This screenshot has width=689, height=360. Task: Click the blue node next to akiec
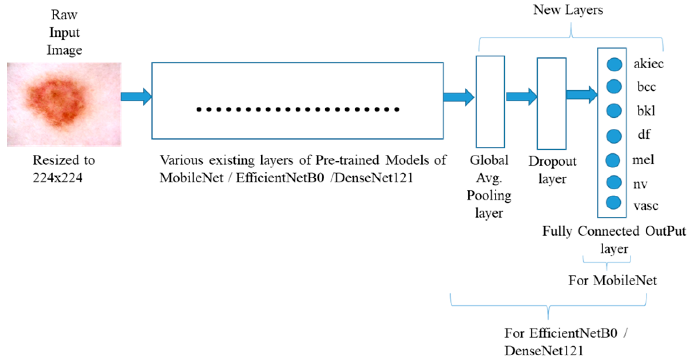point(614,64)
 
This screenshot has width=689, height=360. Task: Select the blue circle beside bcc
point(614,86)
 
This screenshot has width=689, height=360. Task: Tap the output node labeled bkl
point(614,111)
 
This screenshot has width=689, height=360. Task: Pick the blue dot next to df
point(614,136)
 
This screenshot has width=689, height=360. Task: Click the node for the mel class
point(613,160)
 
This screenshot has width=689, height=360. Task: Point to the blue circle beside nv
point(614,182)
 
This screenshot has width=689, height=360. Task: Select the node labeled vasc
point(613,203)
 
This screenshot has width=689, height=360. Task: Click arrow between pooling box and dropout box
point(521,97)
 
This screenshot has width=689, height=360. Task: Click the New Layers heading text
point(568,10)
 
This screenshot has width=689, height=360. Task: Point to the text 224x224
point(57,178)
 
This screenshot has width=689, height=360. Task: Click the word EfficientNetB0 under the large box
point(280,178)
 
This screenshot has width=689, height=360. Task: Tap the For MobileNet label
point(612,280)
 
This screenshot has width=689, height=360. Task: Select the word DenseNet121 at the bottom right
point(544,351)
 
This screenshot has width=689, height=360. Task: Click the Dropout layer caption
point(552,170)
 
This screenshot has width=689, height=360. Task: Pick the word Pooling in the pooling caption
point(489,195)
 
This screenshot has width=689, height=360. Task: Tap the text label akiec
point(648,64)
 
